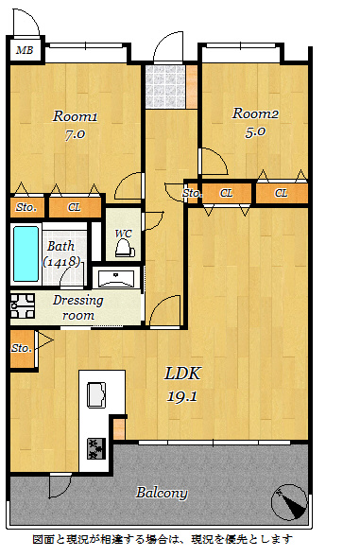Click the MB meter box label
(x=25, y=50)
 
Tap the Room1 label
(x=75, y=116)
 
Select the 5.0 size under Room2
(x=255, y=131)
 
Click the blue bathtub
(x=26, y=253)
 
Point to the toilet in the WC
(x=125, y=249)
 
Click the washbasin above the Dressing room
(x=116, y=278)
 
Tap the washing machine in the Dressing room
(x=23, y=305)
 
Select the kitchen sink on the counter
(x=96, y=394)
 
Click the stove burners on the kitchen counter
(x=96, y=448)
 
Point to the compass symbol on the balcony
(x=289, y=502)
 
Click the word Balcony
(x=162, y=493)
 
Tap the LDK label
(x=182, y=374)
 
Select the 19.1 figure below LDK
(x=182, y=395)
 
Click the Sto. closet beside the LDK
(x=23, y=349)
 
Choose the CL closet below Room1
(x=75, y=207)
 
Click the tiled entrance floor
(x=165, y=86)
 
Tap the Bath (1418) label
(x=61, y=253)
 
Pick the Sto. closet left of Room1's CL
(x=26, y=207)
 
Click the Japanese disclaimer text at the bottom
(x=163, y=539)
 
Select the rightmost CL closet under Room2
(x=282, y=194)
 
